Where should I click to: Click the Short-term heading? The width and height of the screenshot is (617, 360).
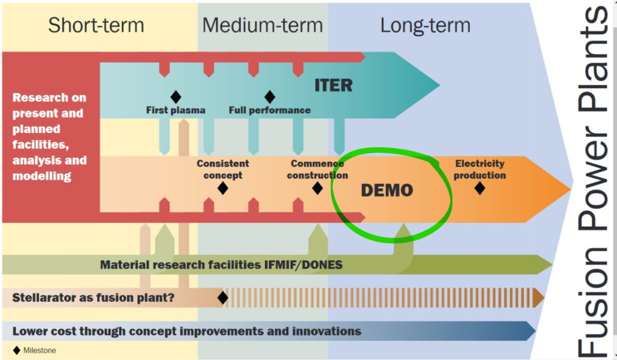coord(96,25)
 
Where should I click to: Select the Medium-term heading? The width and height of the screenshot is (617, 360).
coord(263,25)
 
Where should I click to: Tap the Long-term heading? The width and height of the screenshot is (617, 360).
coord(425,26)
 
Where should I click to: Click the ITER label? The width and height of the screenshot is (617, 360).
coord(334,85)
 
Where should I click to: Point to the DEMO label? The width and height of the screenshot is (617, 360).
coord(387,190)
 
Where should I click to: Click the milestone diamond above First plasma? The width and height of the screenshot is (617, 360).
coord(176,97)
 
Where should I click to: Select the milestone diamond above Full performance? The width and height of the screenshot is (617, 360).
coord(269,97)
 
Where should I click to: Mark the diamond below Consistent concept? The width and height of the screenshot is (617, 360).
coord(223,188)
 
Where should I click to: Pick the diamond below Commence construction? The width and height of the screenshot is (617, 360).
coord(317,188)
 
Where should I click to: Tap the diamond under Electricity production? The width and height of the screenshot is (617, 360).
coord(480,188)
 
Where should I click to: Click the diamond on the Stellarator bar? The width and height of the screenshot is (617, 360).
coord(223,298)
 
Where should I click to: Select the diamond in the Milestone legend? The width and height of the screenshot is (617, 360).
coord(17,350)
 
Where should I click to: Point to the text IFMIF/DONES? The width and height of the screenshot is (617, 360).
coord(303,265)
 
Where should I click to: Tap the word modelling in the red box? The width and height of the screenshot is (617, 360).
coord(42,176)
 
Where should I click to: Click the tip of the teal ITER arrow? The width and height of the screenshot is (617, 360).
coord(439,85)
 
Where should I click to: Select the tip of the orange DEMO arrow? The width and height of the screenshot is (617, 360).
coord(570,189)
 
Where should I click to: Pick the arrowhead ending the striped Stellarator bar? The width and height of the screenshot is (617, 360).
coord(538,298)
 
